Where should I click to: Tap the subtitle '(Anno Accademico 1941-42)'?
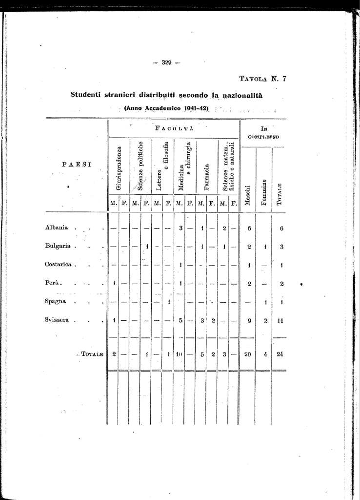pos(166,108)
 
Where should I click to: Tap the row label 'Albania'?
pos(57,228)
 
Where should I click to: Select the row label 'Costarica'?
pos(59,265)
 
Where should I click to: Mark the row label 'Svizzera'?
pos(57,320)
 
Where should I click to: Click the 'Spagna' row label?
pos(56,301)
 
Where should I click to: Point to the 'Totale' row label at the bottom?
pos(92,354)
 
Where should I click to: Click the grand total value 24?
pos(280,354)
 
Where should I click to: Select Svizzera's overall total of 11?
pos(280,321)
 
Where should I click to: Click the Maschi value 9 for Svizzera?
pos(249,321)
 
